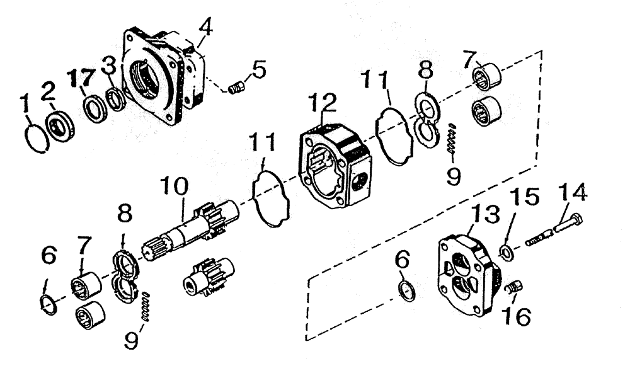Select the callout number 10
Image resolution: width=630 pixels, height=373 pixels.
172,186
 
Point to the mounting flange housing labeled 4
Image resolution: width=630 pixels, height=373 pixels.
160,79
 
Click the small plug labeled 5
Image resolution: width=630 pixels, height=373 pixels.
235,88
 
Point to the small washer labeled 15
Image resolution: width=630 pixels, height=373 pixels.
505,253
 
